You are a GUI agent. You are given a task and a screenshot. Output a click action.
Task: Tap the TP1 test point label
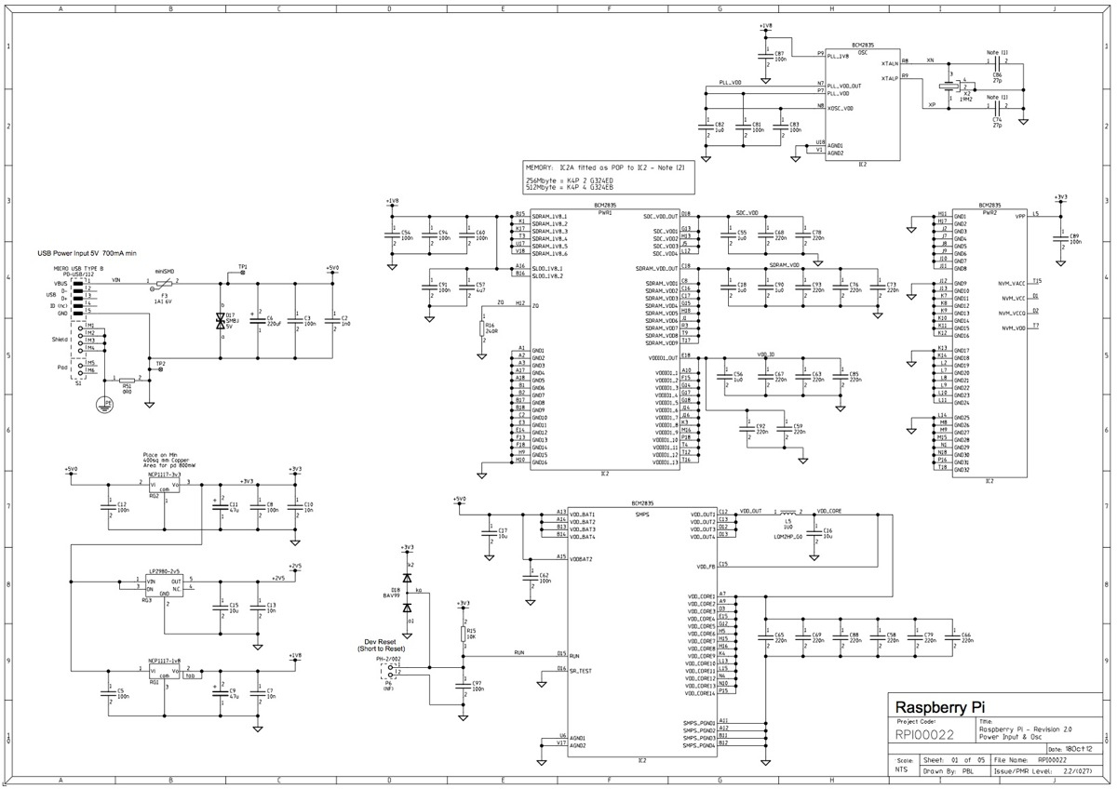tap(243, 267)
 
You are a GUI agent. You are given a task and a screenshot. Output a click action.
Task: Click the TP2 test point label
tap(161, 362)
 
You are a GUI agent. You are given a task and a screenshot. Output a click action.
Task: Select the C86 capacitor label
tap(997, 74)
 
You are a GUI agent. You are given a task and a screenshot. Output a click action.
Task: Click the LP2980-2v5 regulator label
tap(164, 568)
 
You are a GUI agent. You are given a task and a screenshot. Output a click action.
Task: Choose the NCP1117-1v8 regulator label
tap(164, 662)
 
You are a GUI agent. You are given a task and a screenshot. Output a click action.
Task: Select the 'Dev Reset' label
tap(382, 642)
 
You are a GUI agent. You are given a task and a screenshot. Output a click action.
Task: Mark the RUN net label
tap(518, 653)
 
